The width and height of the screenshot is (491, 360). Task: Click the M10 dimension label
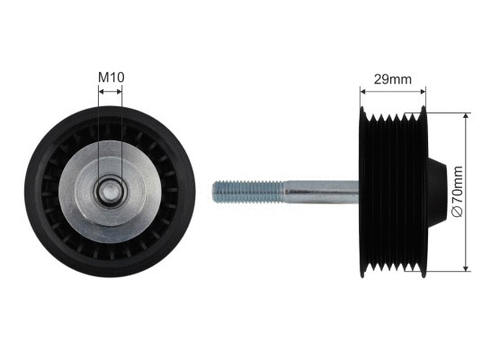[x=111, y=78]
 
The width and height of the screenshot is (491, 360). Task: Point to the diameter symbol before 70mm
[x=458, y=211]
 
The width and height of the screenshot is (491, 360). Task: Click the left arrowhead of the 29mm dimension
[x=363, y=90]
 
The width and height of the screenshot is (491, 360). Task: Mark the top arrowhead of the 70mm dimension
[x=466, y=113]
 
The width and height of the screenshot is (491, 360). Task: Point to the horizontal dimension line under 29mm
[x=392, y=90]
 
